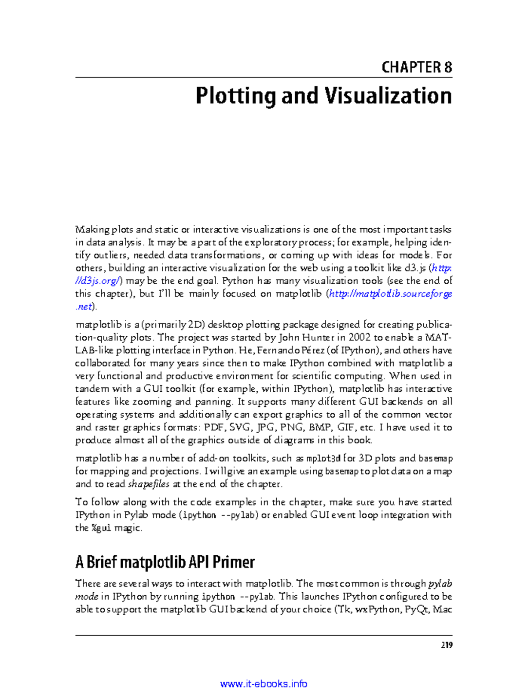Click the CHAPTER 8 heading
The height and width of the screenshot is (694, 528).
(416, 67)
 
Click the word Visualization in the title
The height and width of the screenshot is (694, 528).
(388, 96)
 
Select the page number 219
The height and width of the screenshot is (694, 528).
(446, 645)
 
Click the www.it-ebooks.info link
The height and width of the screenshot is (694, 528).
(264, 684)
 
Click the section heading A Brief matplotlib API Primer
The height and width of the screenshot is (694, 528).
(165, 562)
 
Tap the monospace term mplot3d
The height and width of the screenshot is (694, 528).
(323, 459)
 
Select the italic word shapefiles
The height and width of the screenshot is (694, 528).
(149, 484)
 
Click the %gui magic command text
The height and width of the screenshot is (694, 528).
(101, 528)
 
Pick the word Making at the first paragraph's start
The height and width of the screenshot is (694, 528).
(92, 230)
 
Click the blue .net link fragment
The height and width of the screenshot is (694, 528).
(84, 306)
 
